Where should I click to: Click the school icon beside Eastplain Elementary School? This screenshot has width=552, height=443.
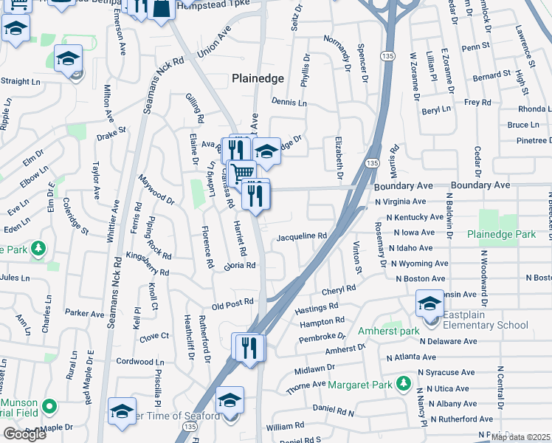click(x=430, y=303)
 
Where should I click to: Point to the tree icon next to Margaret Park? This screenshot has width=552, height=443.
click(x=403, y=383)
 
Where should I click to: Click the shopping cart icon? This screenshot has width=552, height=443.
click(x=241, y=174)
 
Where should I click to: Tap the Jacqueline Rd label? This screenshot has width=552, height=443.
click(x=301, y=236)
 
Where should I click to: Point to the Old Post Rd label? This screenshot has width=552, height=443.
click(x=232, y=303)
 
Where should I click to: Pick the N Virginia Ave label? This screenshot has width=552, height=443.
click(x=400, y=202)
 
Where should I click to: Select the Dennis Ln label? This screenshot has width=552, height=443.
click(x=289, y=103)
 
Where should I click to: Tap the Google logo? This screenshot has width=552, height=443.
click(x=24, y=434)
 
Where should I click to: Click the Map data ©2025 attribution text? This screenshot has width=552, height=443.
click(x=520, y=437)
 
